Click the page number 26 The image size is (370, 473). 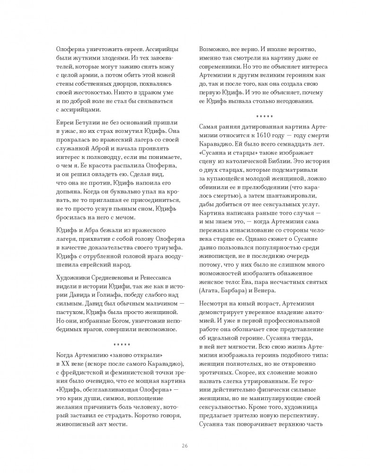pos(185,446)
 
